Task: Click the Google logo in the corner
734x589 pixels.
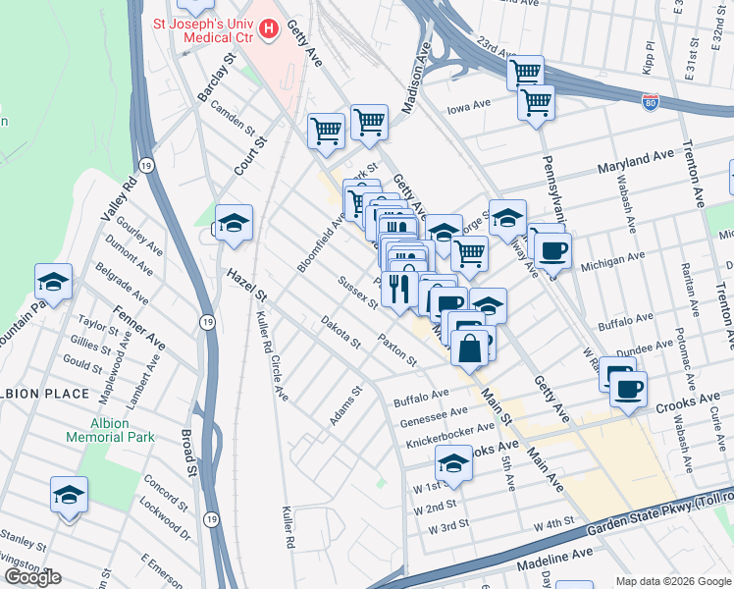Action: point(32,577)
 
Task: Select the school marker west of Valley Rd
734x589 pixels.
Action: point(54,283)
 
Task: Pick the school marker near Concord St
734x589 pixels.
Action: point(69,496)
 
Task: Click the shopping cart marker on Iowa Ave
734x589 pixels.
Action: point(536,103)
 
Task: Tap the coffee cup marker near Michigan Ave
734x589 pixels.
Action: point(551,251)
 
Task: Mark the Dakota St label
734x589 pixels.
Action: point(341,334)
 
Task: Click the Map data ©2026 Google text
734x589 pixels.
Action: point(672,581)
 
